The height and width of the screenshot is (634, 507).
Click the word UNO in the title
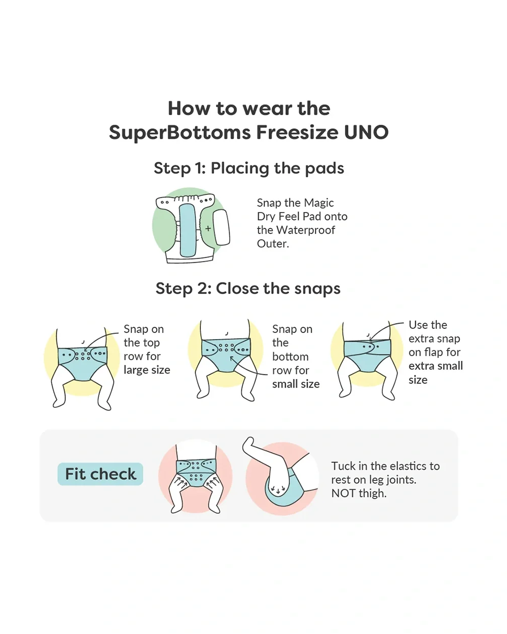366,132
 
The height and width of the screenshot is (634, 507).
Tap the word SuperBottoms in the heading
179,132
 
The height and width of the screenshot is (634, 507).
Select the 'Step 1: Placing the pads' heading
249,168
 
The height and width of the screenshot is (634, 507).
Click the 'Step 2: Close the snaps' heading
248,288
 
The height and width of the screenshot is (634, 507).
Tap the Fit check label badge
100,474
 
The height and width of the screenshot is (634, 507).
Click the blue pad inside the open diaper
188,230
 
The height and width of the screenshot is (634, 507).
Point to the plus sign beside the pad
208,228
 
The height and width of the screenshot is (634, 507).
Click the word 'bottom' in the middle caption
291,357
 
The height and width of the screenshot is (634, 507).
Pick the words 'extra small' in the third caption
436,366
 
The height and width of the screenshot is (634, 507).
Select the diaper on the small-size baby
226,355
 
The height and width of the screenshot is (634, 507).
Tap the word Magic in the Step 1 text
319,203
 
